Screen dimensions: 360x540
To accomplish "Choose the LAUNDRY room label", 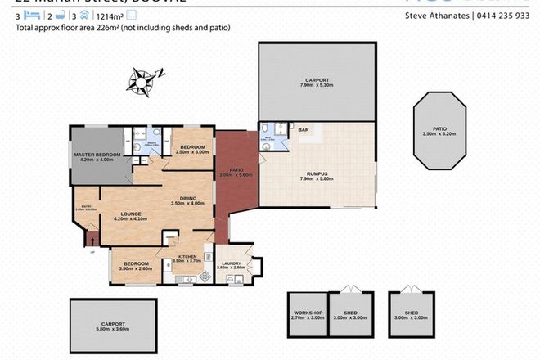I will [x=233, y=263].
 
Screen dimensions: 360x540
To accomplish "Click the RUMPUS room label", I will [x=320, y=172].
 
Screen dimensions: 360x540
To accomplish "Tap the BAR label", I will [x=303, y=130].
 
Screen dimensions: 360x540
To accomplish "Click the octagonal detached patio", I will [x=439, y=131].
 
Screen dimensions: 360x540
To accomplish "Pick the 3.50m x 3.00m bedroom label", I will [x=193, y=147].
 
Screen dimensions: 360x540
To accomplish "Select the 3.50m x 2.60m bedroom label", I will [x=137, y=264].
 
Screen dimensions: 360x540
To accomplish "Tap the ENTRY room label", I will [x=86, y=207].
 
